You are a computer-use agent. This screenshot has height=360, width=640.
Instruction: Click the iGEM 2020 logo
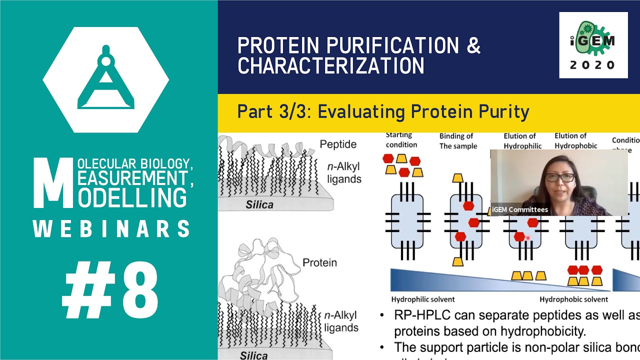point(593,45)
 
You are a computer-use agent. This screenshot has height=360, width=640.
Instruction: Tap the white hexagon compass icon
point(105,80)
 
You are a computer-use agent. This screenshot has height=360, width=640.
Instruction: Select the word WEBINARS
point(111,228)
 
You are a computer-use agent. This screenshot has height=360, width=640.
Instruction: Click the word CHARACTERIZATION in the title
point(330,66)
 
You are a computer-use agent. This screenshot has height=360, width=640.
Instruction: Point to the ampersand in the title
point(473,45)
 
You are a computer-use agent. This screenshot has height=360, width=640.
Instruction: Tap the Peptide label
point(338,144)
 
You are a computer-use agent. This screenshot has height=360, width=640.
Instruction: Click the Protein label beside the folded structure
point(319,262)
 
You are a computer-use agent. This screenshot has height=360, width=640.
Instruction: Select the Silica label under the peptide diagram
point(259,204)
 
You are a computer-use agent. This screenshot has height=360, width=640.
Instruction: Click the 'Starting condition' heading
point(401,139)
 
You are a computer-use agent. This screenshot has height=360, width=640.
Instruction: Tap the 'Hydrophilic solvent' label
point(422,299)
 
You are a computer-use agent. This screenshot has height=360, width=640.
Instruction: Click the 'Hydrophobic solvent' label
point(573,299)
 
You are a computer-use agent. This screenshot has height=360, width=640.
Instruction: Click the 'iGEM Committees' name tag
point(519,209)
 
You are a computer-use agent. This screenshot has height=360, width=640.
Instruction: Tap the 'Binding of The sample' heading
point(458,141)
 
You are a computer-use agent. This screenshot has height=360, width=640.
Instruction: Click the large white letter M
point(52,183)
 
